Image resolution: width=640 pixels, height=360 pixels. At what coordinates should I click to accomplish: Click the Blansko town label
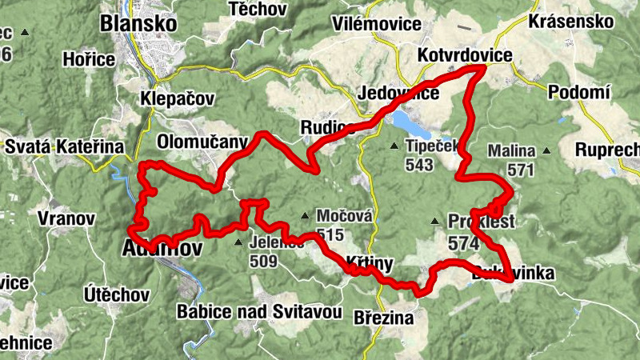pyautogui.click(x=138, y=24)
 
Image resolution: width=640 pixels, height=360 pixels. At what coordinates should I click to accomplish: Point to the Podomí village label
pyautogui.click(x=579, y=93)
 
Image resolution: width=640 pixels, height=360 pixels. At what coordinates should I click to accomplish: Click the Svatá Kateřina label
pyautogui.click(x=65, y=147)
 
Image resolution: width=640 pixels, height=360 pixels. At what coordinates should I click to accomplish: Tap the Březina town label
pyautogui.click(x=383, y=318)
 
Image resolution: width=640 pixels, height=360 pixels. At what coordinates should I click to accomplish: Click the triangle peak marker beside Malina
pyautogui.click(x=547, y=150)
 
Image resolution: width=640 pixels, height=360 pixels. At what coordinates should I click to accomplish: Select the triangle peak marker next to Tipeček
pyautogui.click(x=394, y=146)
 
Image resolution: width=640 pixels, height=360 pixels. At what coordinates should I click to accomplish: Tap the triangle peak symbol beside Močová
pyautogui.click(x=305, y=215)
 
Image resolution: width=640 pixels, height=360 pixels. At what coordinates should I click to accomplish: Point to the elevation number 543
pyautogui.click(x=419, y=166)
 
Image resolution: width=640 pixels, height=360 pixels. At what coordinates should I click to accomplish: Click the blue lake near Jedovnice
pyautogui.click(x=408, y=122)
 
